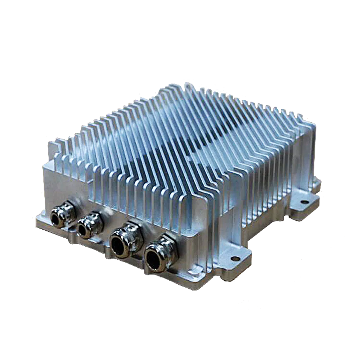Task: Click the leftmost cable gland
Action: (x=60, y=216)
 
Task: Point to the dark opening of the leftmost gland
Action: (x=56, y=218)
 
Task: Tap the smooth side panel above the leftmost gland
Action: (x=65, y=185)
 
